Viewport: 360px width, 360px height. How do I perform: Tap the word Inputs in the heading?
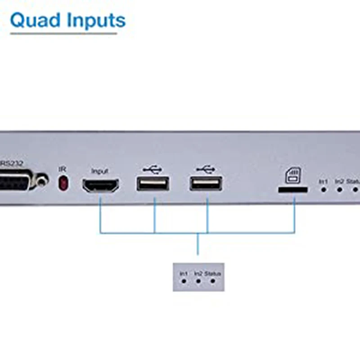point(93,20)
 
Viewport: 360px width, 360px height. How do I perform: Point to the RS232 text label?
point(12,163)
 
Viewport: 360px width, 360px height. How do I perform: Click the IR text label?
point(63,169)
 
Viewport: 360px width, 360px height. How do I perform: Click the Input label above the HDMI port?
point(100,171)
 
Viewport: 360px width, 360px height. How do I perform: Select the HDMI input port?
point(100,185)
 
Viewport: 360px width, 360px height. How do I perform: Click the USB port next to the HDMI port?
point(153,183)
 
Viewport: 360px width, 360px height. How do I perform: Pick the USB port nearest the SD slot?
point(206,183)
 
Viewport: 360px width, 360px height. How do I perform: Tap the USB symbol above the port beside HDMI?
point(153,170)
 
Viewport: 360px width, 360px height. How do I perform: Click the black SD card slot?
point(292,190)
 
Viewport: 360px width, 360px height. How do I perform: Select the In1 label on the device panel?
point(323,181)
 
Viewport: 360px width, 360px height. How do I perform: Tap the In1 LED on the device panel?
point(323,189)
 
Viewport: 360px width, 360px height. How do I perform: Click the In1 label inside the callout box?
point(184,273)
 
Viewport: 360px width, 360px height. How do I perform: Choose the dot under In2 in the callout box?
point(198,281)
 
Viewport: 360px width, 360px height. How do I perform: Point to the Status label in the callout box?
point(213,273)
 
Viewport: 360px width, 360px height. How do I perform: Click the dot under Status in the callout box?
point(212,281)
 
